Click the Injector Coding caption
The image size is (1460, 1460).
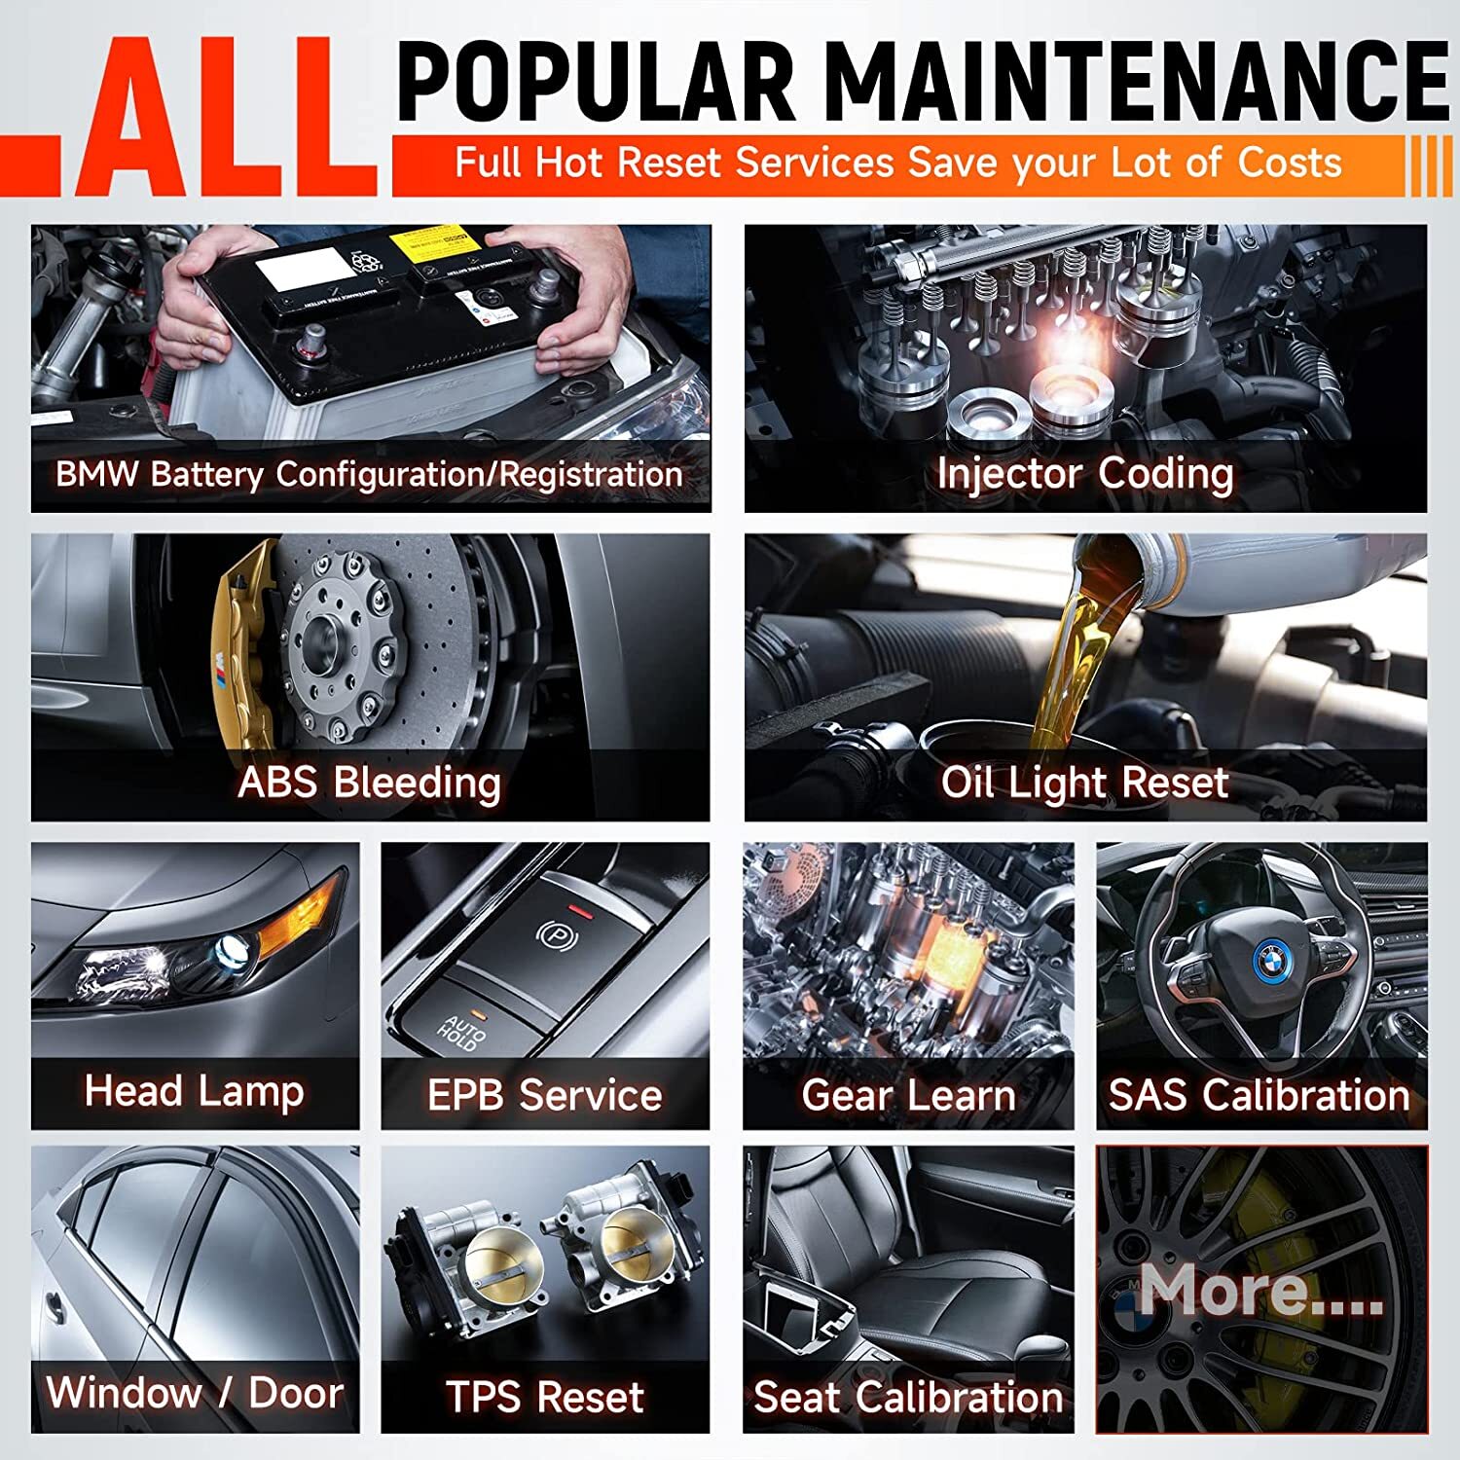1084,474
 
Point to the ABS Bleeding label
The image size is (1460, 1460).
369,783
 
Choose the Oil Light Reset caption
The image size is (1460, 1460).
1084,783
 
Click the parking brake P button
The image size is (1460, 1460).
557,934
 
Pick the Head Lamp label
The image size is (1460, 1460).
194,1091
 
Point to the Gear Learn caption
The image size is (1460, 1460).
908,1096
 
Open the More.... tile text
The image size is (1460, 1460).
1260,1291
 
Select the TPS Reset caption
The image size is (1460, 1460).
544,1398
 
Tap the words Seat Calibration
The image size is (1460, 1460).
908,1398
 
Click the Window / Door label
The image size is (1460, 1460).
194,1393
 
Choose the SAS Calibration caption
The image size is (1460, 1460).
1259,1096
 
